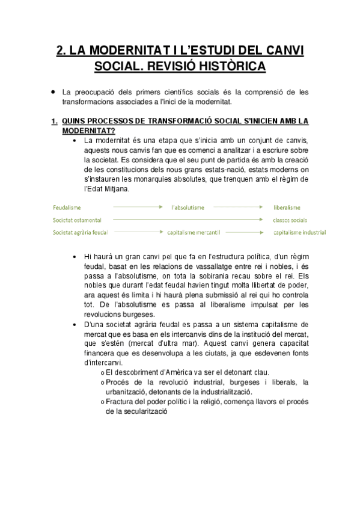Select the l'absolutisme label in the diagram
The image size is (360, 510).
[x=188, y=207]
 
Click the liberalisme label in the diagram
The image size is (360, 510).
[x=287, y=207]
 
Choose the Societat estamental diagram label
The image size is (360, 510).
[x=77, y=220]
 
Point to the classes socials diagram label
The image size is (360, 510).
[x=290, y=220]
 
